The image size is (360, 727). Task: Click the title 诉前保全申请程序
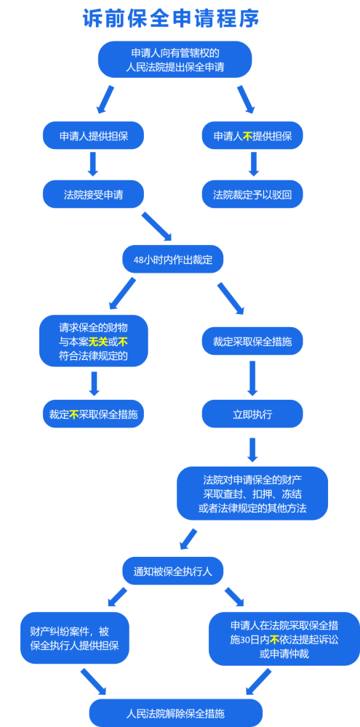coord(171,19)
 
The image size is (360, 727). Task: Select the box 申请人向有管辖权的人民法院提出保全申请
coord(175,60)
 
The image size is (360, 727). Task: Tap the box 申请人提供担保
coord(93,135)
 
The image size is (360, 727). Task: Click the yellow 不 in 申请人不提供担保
coord(247,136)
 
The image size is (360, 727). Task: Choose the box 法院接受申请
coord(93,194)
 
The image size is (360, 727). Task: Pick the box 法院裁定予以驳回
coord(252,194)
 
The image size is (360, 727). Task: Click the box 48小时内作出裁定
coord(172,260)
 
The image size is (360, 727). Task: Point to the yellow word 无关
coord(98,342)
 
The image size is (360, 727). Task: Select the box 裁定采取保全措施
coord(252,341)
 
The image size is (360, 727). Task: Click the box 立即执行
coord(252,414)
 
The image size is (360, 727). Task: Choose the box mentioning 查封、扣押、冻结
coord(252,494)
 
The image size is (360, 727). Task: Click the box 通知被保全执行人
coord(172,571)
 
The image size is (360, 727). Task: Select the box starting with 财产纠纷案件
coord(75,638)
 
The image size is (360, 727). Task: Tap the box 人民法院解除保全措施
coord(176,713)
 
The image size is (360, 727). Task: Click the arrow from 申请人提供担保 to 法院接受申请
coord(93,164)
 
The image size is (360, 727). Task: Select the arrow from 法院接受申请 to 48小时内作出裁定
coord(157,227)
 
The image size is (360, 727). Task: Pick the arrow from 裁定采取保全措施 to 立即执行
coord(252,378)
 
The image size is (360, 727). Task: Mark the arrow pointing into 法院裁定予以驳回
coord(253,164)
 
